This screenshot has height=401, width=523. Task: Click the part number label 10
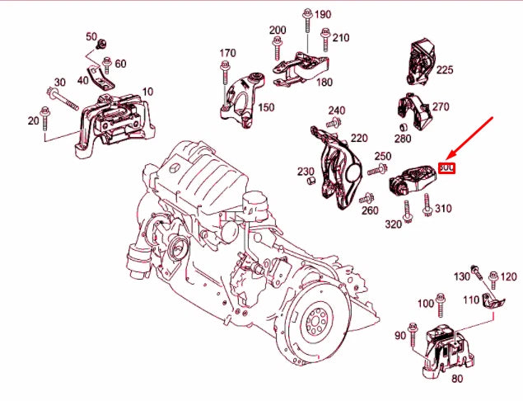point(147,91)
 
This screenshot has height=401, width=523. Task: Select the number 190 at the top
point(322,15)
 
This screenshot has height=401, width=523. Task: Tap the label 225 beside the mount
point(445,70)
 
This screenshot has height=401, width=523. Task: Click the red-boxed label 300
point(447,167)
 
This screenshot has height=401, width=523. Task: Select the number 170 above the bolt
point(227,54)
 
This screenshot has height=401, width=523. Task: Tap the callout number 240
point(336,111)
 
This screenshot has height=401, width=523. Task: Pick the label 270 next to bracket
point(441,107)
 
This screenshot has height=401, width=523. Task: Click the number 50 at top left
point(91,37)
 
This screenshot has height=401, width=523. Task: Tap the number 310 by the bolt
point(443,209)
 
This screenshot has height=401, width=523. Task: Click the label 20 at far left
point(33,120)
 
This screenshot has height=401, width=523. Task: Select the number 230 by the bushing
point(306,172)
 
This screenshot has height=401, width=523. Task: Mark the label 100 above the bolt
point(425,304)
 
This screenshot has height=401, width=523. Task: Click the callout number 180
point(325,83)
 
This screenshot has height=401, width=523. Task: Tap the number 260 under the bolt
point(369,210)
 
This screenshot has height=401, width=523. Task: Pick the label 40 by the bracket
point(82,79)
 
